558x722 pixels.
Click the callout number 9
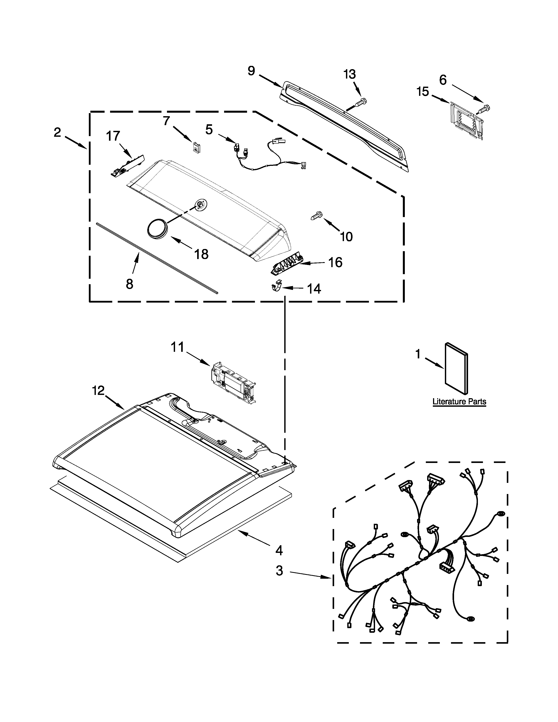252,70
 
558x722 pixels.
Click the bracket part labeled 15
465,121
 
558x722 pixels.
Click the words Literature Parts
459,402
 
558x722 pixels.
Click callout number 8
130,284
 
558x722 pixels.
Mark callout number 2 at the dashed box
57,133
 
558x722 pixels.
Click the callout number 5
209,129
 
